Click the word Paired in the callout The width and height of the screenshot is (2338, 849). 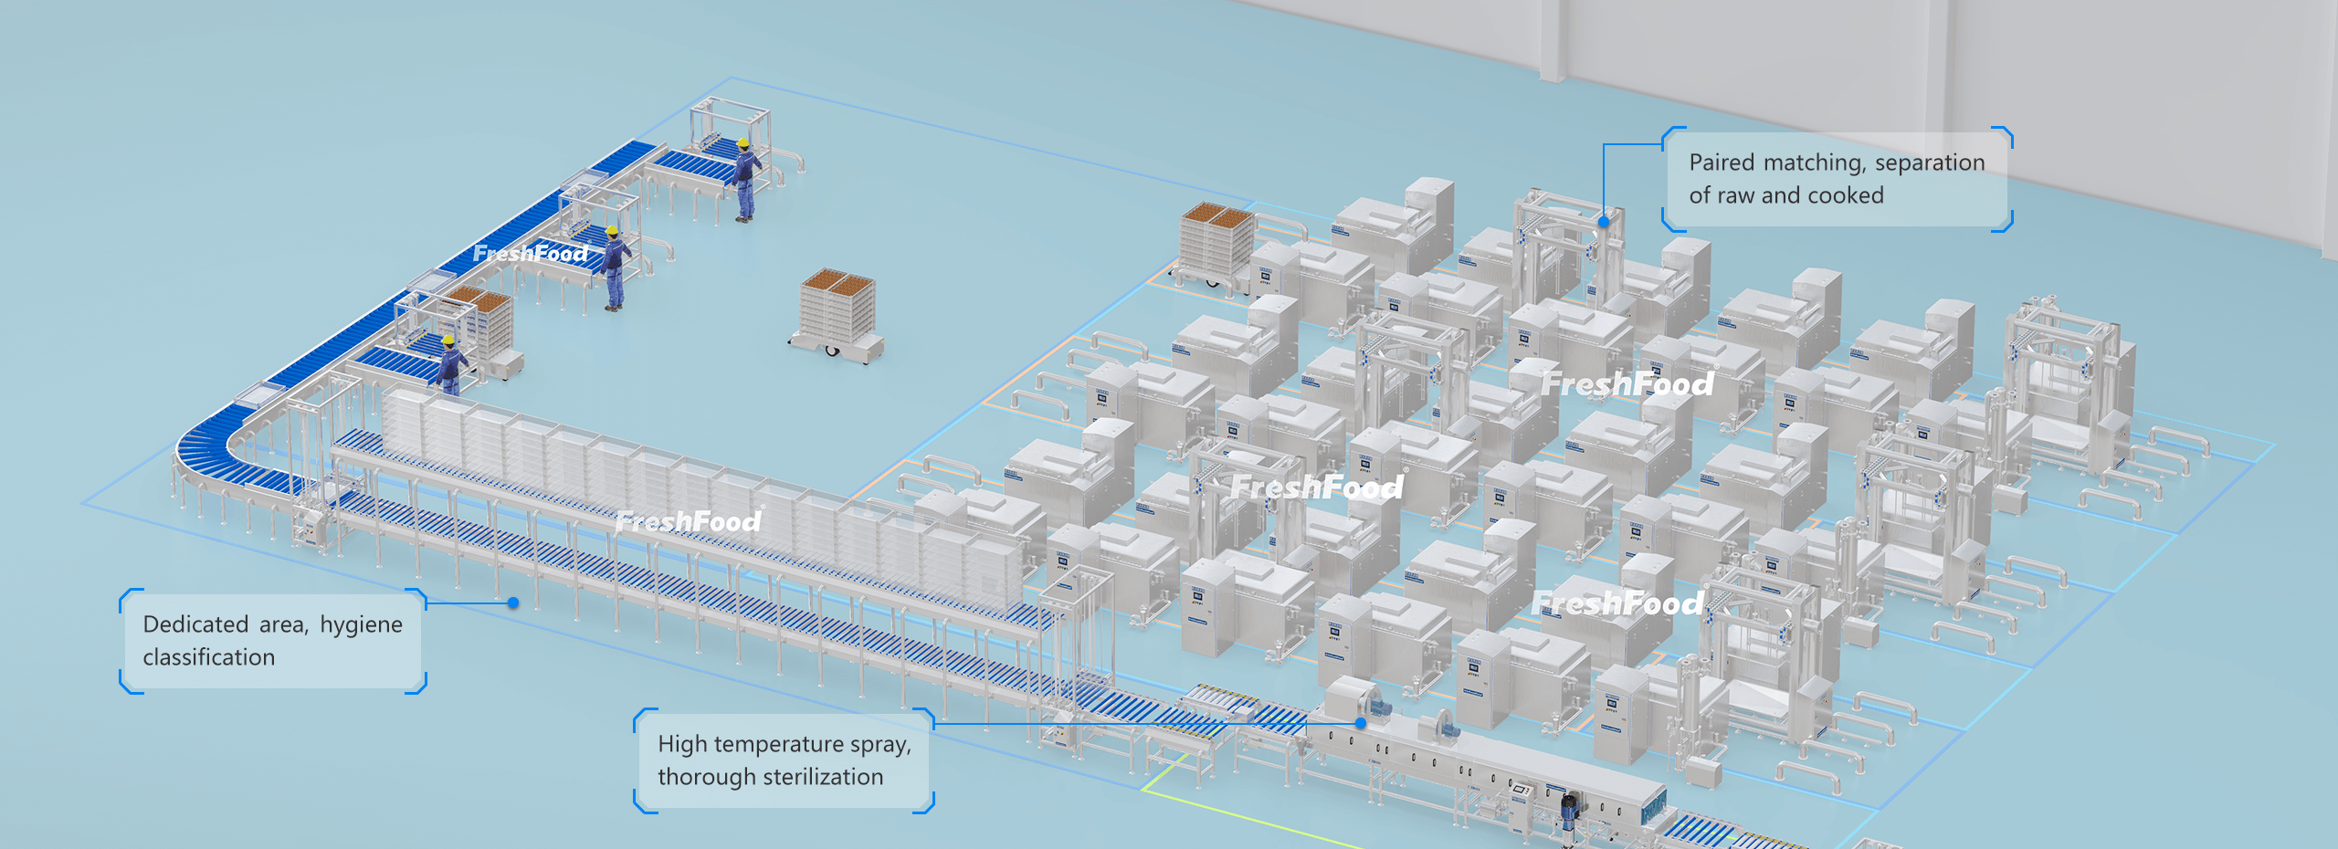[1722, 162]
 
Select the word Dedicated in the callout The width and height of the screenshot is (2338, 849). [195, 624]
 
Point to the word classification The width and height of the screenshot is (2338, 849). [208, 657]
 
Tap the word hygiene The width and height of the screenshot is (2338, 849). [361, 625]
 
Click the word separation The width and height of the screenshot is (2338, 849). [1930, 163]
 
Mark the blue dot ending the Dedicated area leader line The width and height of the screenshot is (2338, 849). [513, 603]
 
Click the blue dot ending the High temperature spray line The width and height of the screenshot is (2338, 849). [1360, 723]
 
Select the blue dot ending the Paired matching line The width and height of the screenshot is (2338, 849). [1604, 222]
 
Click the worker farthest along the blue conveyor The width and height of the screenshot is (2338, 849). [746, 180]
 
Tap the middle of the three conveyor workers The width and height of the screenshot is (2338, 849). [614, 268]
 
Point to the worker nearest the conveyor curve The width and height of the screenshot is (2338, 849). [449, 365]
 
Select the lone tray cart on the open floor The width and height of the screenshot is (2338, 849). [837, 316]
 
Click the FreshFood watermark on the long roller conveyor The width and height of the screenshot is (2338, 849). [689, 521]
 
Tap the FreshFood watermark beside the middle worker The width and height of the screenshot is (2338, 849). [531, 253]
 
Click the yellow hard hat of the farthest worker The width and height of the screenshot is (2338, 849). [743, 143]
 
